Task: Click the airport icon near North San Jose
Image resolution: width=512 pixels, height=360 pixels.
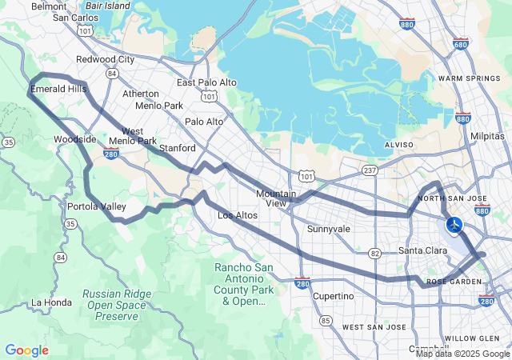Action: pos(454,225)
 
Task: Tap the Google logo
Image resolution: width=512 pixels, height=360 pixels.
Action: pos(26,350)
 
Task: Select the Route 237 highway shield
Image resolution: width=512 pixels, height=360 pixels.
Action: pos(369,170)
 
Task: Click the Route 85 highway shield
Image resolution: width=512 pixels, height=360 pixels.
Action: pos(326,321)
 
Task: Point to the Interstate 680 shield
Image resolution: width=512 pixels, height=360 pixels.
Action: pos(460,45)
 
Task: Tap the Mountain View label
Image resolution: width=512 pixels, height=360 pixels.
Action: pos(276,198)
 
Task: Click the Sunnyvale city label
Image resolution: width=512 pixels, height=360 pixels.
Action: pos(329,229)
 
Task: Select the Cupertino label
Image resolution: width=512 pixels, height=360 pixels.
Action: pos(333,296)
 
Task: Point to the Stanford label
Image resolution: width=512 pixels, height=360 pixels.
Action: pos(178,148)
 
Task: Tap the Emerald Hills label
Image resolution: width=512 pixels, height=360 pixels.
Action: pos(58,89)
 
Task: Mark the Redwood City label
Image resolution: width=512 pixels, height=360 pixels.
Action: pos(105,59)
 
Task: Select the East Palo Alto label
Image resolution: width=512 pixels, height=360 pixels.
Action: pos(206,82)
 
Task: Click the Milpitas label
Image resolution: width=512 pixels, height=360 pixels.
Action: pos(488,137)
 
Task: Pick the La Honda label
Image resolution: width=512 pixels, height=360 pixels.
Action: pos(51,302)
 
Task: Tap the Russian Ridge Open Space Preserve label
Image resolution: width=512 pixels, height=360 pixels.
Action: pos(117,305)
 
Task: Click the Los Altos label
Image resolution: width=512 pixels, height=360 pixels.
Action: pos(237,216)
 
